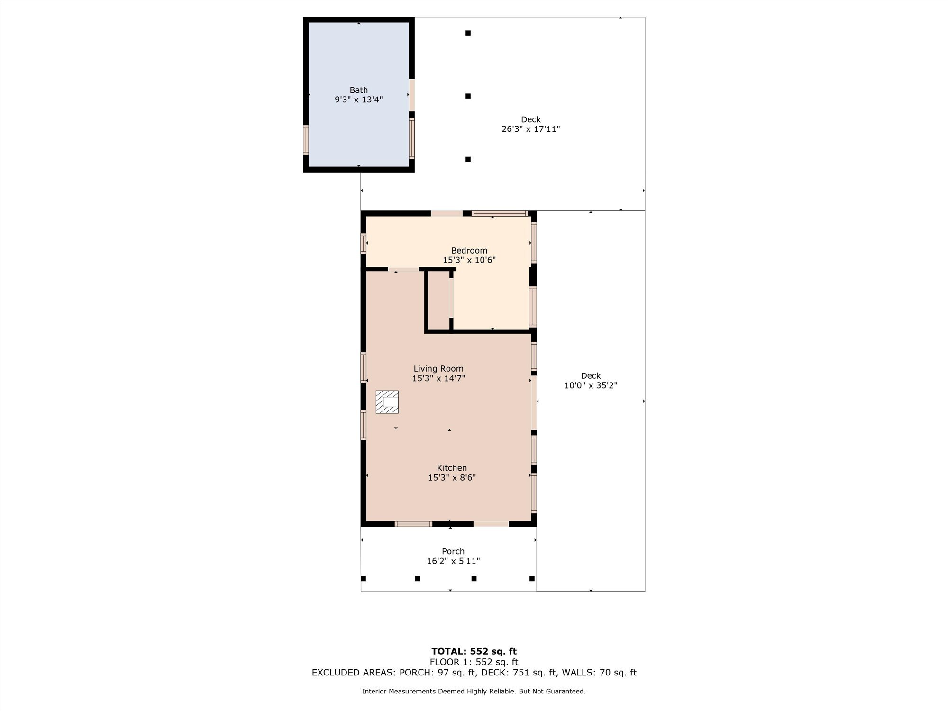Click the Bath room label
[359, 90]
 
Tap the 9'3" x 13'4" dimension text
[359, 100]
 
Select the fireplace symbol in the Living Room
[387, 402]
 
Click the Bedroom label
[469, 251]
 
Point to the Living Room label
[438, 369]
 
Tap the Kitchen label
[452, 468]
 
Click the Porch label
[453, 551]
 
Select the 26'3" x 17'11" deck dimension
[531, 129]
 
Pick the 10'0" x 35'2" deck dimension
[591, 385]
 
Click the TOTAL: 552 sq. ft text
[474, 651]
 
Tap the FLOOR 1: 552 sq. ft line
[474, 662]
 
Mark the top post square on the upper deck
[468, 33]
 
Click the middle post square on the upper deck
[468, 96]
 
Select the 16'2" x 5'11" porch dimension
[453, 561]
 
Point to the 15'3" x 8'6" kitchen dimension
[452, 478]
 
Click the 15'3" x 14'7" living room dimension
[438, 378]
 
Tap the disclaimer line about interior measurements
[474, 692]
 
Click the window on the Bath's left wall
[306, 140]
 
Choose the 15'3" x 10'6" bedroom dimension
[469, 260]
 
